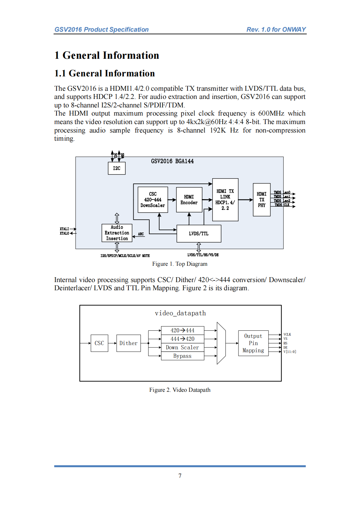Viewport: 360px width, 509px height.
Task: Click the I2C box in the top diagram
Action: pos(117,168)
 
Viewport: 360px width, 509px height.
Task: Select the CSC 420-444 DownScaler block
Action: pos(153,200)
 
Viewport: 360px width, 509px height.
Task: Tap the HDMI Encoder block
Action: pos(189,200)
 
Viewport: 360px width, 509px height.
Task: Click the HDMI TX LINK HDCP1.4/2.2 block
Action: pos(225,200)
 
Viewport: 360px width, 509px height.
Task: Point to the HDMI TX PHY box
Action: pos(261,200)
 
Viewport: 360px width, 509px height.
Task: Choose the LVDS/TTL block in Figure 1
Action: pos(199,234)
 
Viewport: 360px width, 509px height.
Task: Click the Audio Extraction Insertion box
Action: pos(117,233)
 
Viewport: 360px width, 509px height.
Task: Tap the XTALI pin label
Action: pos(64,229)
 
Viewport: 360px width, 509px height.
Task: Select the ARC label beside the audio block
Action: pos(141,234)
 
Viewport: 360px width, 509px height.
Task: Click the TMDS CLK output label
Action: pos(282,205)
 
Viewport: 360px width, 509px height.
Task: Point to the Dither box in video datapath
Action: pos(128,343)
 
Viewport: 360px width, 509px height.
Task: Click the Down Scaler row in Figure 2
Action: pos(182,347)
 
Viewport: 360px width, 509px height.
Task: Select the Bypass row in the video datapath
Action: pos(182,356)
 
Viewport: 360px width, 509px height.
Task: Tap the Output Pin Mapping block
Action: pos(253,343)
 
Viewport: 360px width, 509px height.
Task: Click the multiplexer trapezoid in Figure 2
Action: pos(221,343)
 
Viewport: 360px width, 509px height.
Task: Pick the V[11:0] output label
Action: pos(290,352)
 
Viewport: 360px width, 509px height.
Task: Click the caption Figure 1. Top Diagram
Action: pos(180,264)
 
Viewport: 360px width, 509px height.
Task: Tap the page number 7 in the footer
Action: pos(180,476)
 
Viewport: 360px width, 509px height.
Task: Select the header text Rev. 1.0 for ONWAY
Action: pos(276,29)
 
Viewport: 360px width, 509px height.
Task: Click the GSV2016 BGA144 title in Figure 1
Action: pos(172,161)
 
